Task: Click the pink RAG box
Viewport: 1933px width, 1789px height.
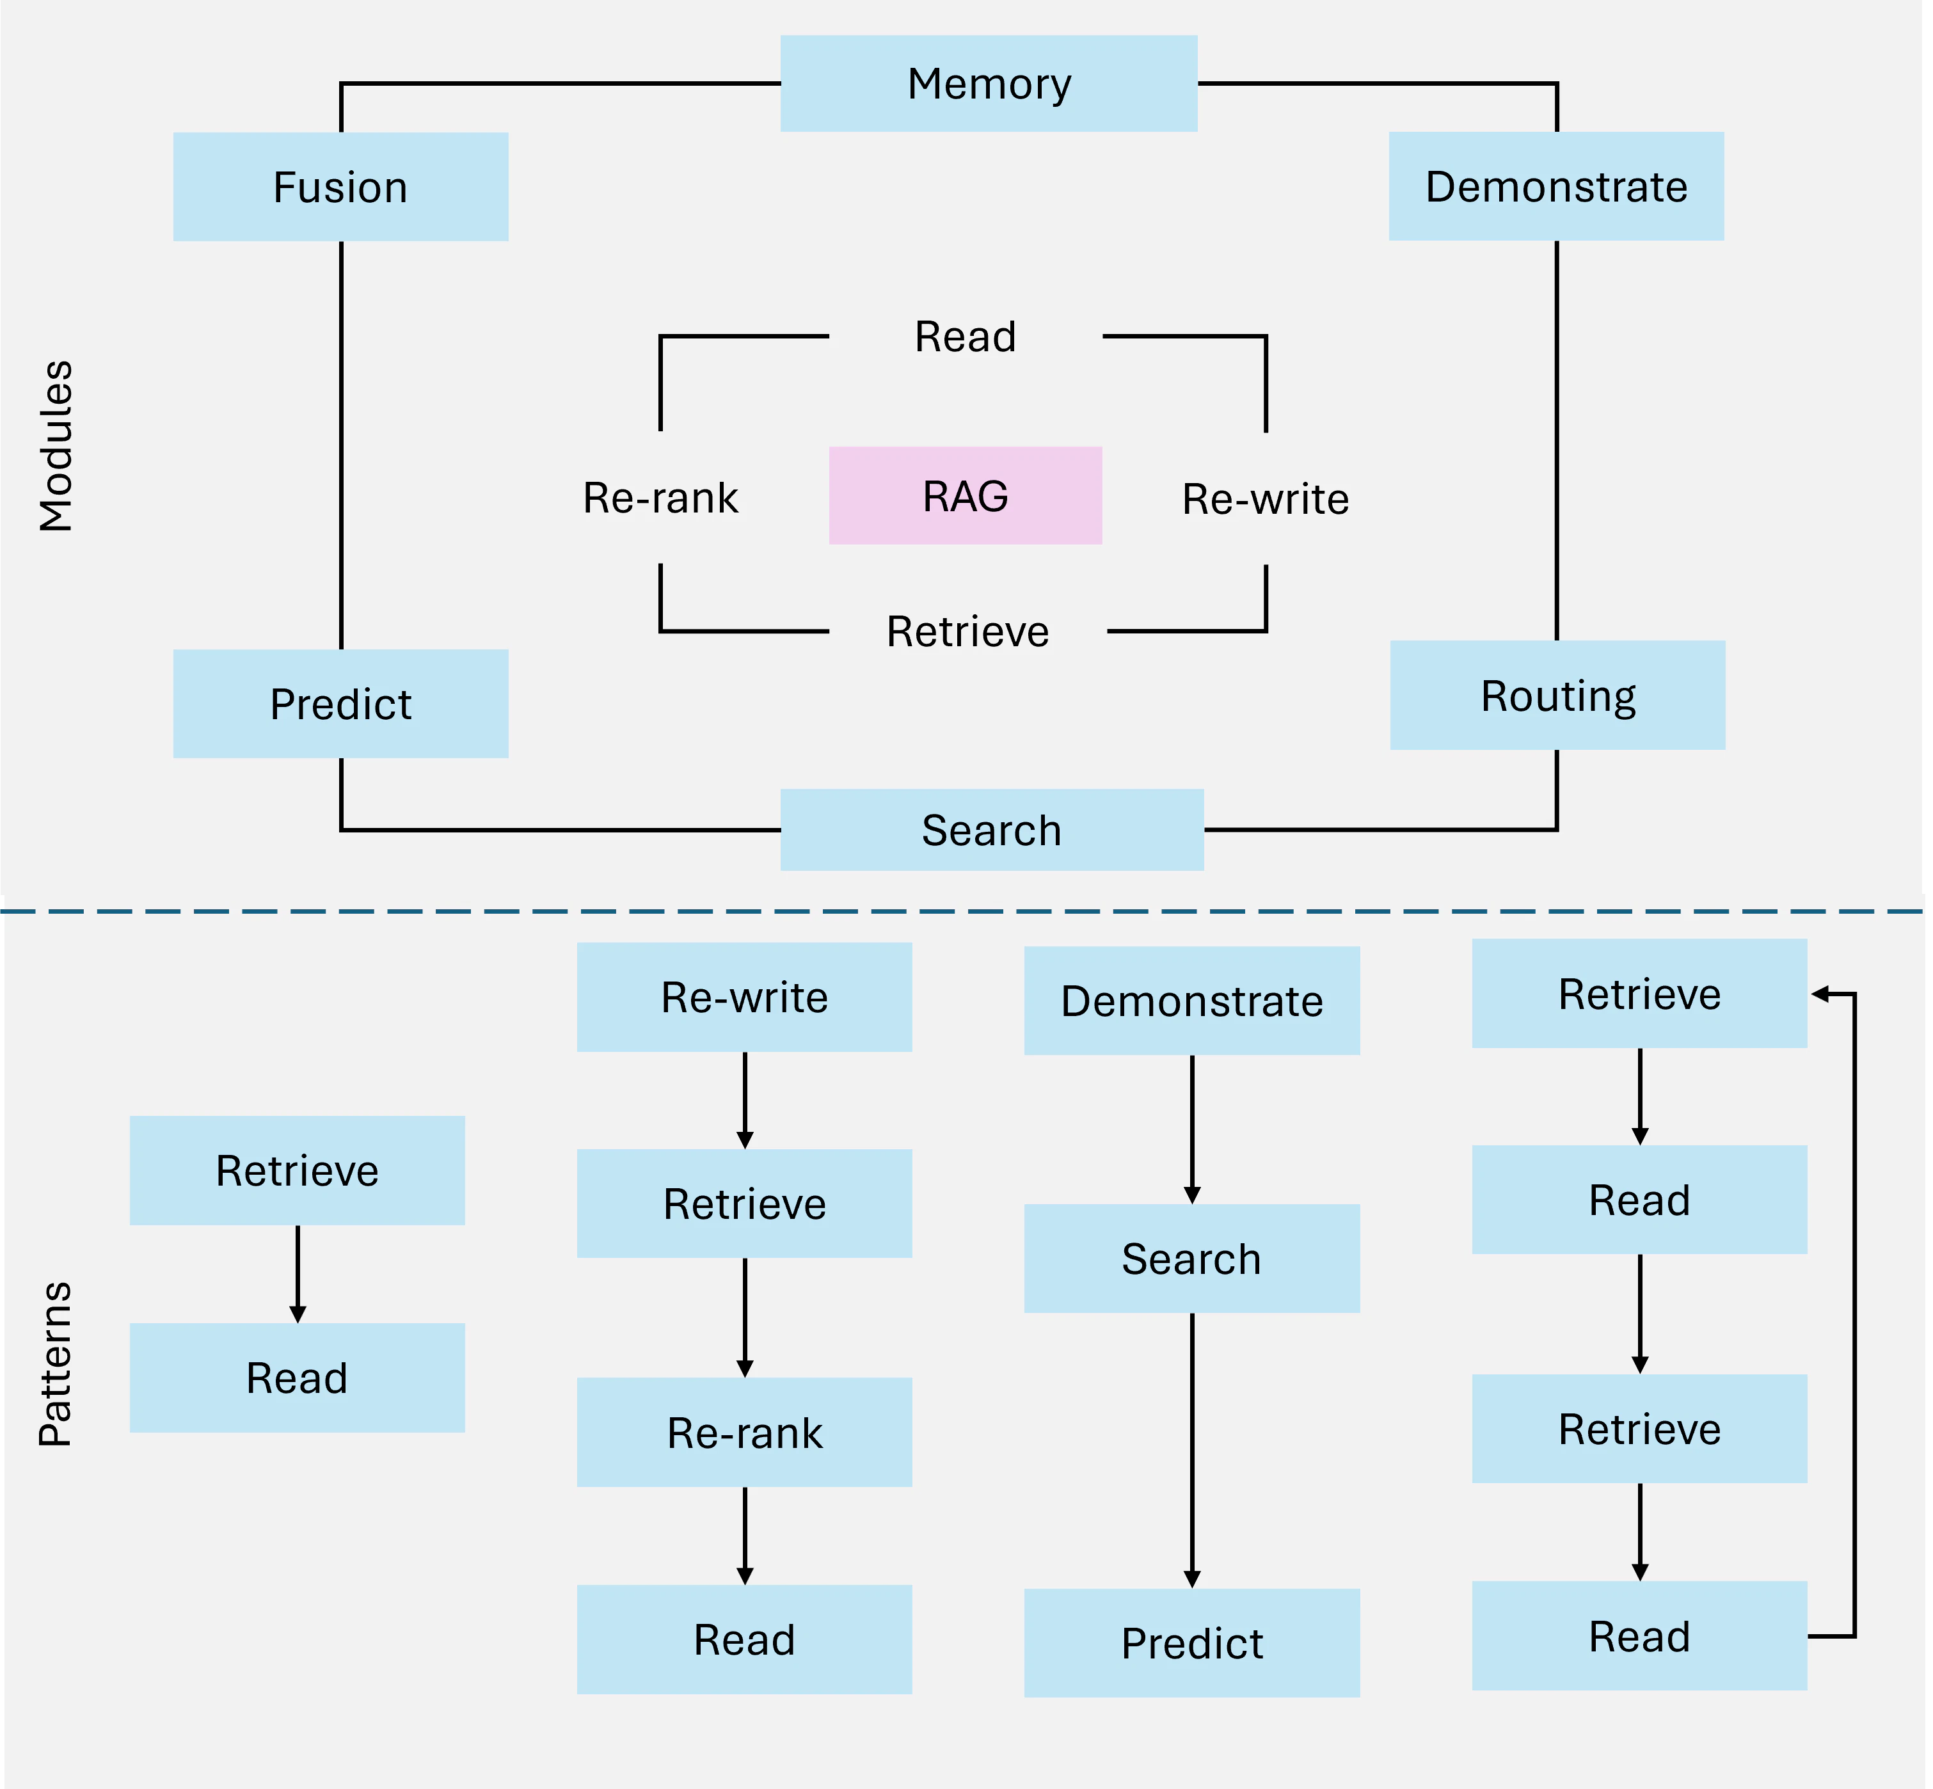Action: click(965, 496)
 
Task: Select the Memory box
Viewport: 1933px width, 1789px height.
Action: click(989, 83)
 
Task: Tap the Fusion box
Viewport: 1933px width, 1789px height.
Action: click(340, 187)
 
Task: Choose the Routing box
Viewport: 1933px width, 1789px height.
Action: click(1557, 695)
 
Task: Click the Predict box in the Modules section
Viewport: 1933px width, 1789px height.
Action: click(340, 704)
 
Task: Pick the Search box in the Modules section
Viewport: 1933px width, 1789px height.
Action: click(992, 830)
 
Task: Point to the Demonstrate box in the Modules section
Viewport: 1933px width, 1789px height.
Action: click(1557, 186)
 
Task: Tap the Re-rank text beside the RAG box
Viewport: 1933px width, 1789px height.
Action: click(660, 498)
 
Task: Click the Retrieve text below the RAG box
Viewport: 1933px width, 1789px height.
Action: click(968, 631)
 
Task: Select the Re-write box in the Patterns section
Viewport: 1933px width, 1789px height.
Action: click(744, 997)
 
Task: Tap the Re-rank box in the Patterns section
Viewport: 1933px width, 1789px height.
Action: click(744, 1433)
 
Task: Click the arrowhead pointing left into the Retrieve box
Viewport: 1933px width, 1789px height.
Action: click(1820, 994)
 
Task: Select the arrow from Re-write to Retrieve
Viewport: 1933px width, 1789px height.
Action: click(744, 1101)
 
